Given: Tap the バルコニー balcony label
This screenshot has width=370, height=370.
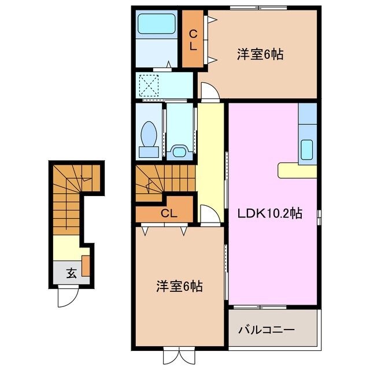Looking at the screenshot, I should [x=267, y=330].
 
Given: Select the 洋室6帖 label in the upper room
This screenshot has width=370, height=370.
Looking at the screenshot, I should [x=260, y=55].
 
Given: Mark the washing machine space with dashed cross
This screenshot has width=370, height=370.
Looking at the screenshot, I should [x=151, y=86].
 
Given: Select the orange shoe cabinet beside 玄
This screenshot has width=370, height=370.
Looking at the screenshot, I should [x=86, y=265].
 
